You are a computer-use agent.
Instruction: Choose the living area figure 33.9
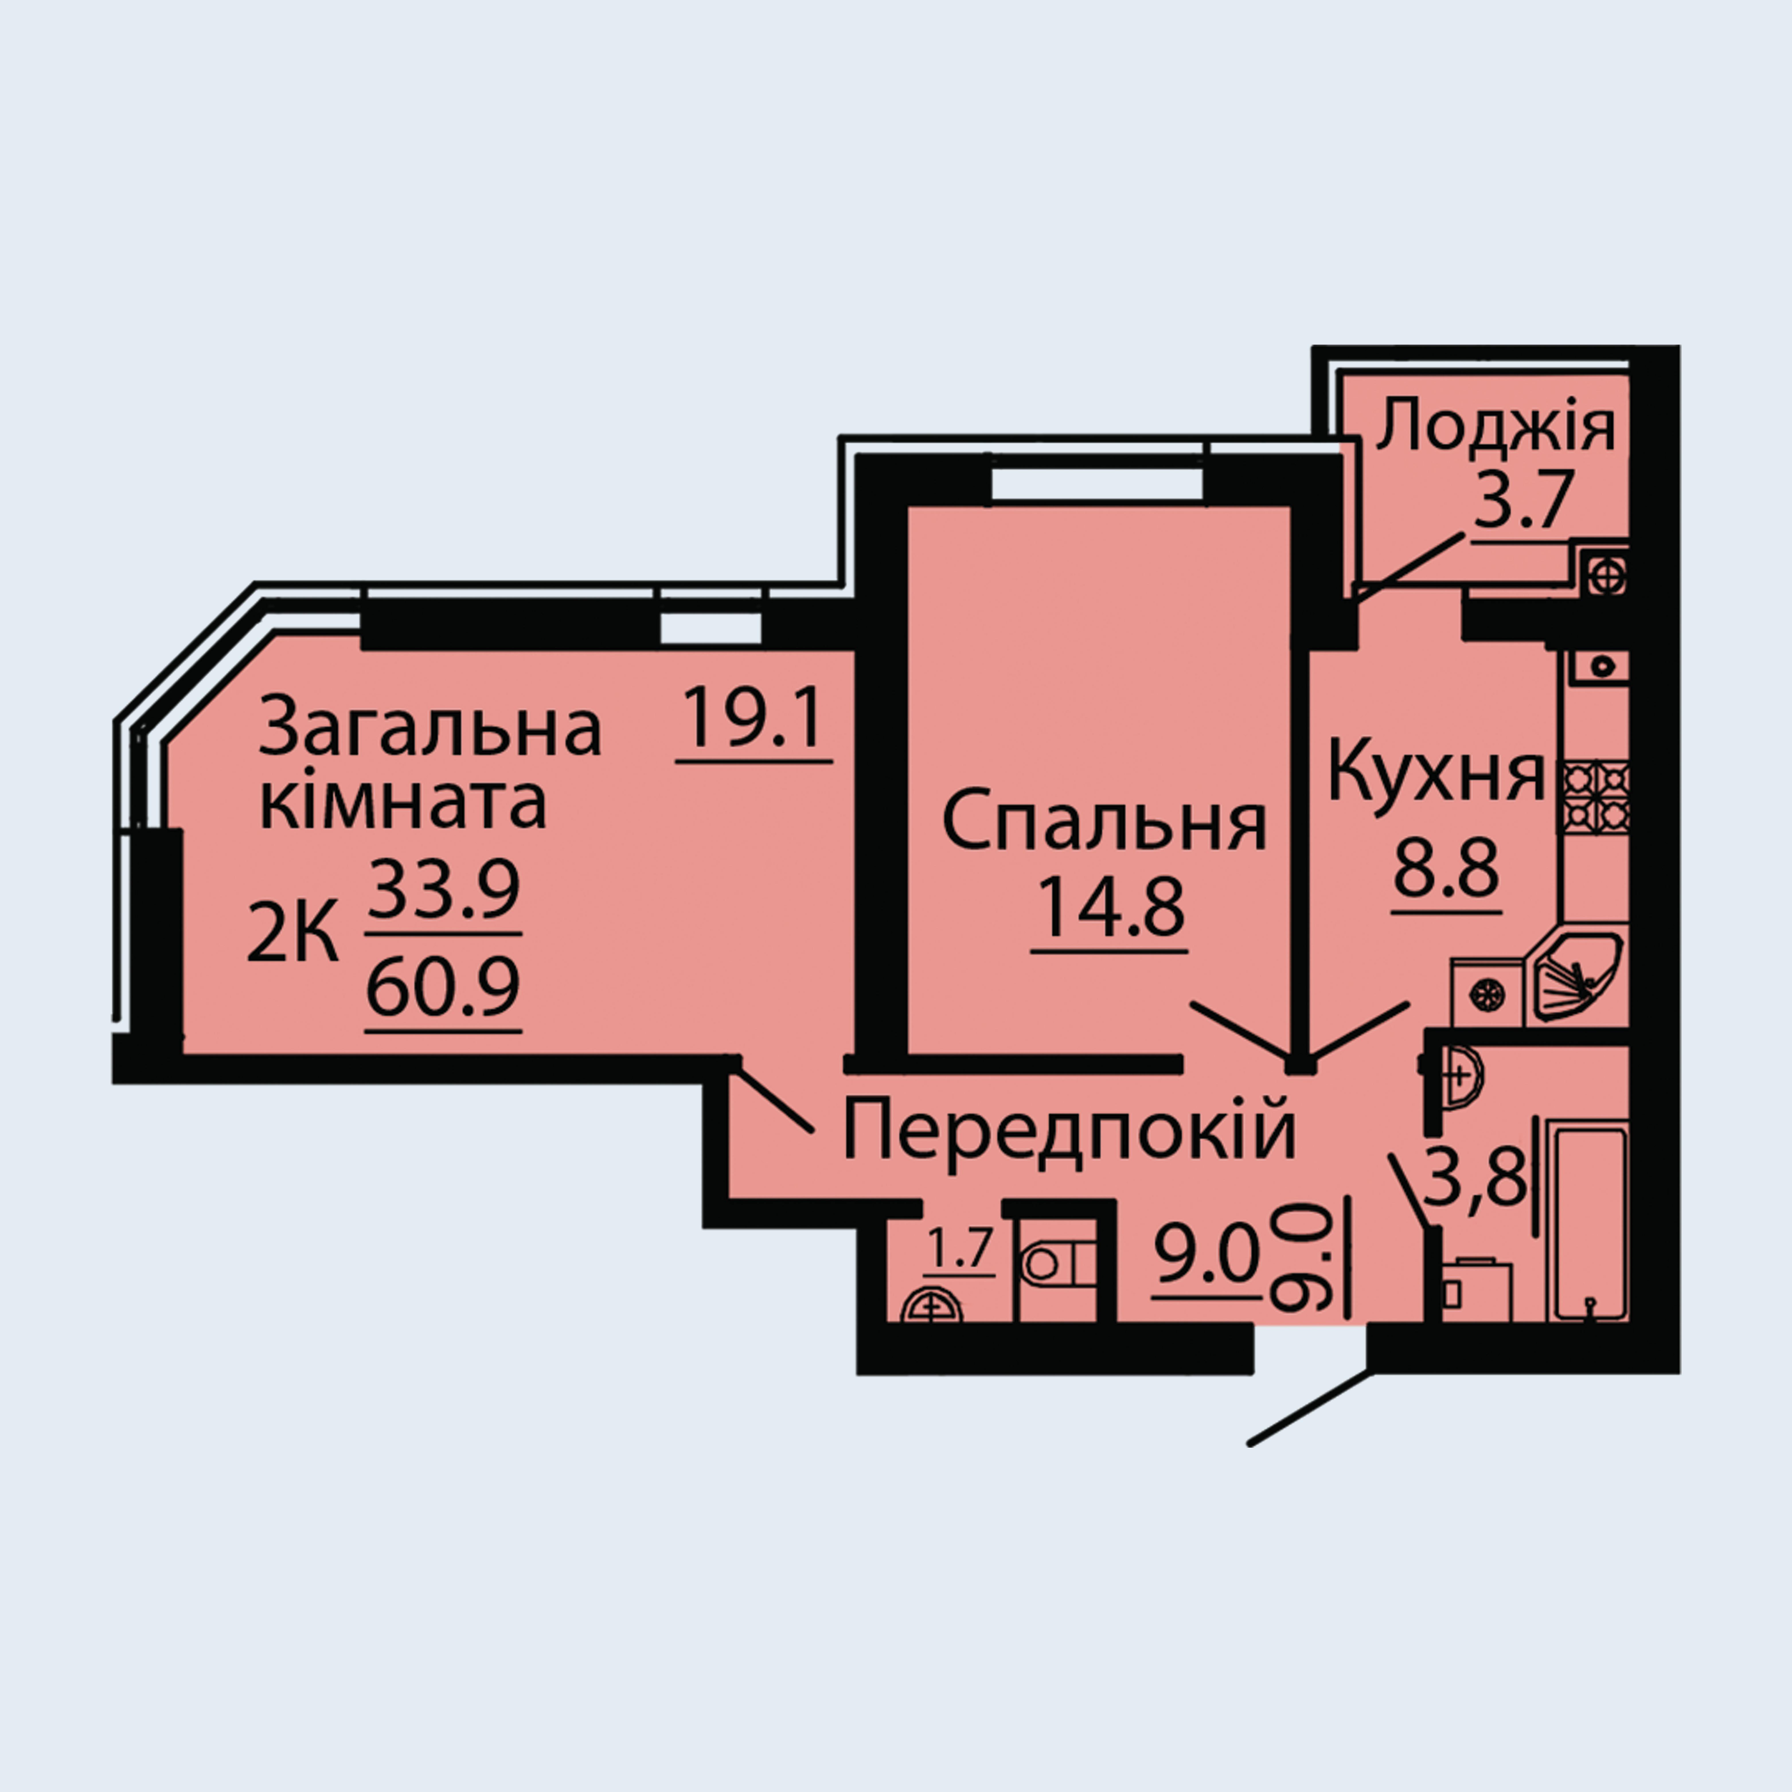click(x=443, y=889)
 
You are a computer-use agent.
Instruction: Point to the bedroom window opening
click(x=1097, y=484)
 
